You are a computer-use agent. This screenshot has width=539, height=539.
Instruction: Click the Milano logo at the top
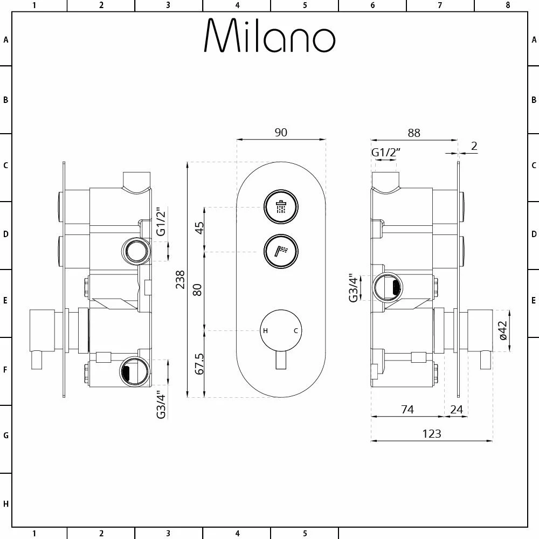point(269,36)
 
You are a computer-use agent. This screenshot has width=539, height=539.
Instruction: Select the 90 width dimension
point(281,132)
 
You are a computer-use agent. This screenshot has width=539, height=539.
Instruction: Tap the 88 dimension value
point(414,133)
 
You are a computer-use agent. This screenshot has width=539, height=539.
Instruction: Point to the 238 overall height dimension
point(181,280)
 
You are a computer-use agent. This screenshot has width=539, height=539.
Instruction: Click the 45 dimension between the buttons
point(199,228)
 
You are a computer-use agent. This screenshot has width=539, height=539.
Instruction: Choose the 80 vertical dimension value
point(198,289)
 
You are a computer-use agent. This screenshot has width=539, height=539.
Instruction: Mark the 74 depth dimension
point(407,410)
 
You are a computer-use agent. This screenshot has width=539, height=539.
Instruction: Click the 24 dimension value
point(456,410)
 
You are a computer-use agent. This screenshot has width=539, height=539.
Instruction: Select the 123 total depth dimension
point(432,434)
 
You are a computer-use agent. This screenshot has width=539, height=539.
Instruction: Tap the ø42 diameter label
point(503,330)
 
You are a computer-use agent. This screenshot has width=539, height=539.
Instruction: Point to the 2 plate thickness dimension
point(474,146)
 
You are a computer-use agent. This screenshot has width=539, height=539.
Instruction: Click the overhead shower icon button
point(280,206)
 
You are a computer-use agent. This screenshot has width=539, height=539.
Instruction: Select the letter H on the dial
point(265,331)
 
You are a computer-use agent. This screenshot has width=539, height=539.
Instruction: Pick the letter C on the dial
point(295,331)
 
